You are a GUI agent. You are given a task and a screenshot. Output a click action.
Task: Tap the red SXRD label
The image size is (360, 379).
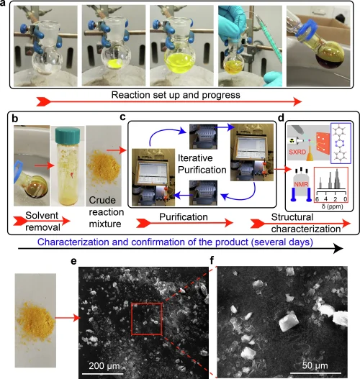coord(297,152)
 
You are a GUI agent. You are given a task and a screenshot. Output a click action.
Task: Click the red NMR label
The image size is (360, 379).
coord(301,184)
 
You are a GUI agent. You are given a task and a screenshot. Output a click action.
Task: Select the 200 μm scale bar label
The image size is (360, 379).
coord(104,366)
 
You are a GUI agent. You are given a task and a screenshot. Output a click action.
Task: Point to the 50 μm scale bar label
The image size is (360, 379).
coord(315,365)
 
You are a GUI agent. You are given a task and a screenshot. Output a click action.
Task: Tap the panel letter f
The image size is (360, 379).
coord(212,260)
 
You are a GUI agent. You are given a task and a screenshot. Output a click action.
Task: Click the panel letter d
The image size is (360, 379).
coord(281,118)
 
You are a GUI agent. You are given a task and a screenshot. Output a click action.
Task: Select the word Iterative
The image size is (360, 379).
coord(195,158)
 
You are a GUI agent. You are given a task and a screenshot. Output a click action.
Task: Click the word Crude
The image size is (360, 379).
coord(102,200)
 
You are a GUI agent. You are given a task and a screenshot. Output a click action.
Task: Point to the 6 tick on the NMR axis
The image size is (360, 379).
coord(317,199)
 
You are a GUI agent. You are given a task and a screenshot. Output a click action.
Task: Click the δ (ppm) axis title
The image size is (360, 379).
coord(332,206)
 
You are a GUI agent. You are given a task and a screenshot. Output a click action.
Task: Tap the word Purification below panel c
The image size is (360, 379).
coord(184,217)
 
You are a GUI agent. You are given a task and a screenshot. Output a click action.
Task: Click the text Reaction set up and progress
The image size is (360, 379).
coord(176,95)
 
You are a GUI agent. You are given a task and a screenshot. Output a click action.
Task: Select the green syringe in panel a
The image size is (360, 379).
coord(269,36)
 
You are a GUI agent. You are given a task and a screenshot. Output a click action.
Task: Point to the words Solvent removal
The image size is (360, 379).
coord(42,222)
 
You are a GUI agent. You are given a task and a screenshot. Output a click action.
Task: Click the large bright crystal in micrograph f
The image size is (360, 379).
coord(287,321)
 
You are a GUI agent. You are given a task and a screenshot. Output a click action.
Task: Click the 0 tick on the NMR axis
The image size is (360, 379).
coord(346,199)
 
